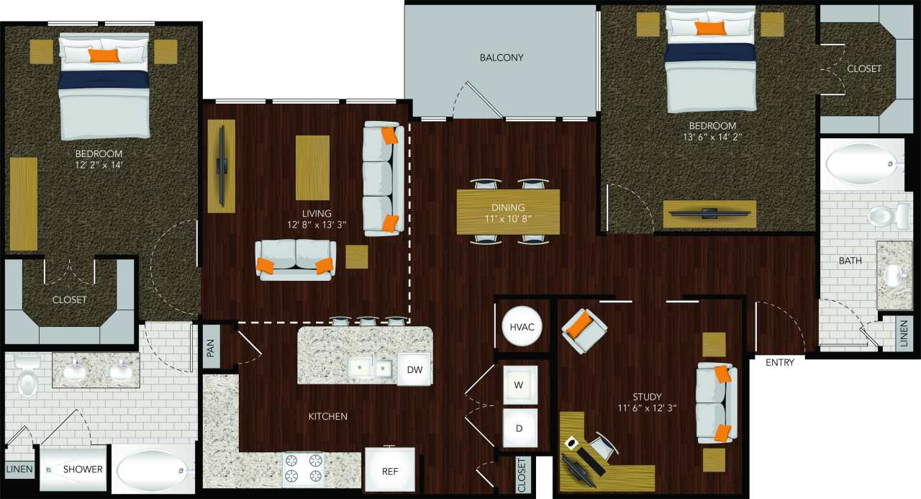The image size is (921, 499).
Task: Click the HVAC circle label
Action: tap(521, 326)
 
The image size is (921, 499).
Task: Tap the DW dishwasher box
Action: tap(414, 369)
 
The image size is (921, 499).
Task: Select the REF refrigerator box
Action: tap(389, 470)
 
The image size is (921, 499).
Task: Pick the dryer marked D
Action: tap(520, 427)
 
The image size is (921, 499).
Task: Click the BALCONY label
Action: tap(502, 58)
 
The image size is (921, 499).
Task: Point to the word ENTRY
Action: tap(780, 362)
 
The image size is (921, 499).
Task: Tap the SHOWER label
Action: tap(83, 469)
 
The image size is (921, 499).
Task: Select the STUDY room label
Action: tap(648, 397)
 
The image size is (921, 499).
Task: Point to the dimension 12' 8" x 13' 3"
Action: tap(317, 225)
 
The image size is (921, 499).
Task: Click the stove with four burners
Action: tap(304, 469)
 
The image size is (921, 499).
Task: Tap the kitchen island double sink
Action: tap(371, 369)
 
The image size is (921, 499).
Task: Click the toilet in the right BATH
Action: tap(881, 215)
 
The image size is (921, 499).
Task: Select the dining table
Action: tap(508, 212)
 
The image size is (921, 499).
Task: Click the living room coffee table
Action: tap(312, 167)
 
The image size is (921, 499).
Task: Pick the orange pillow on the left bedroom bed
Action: tap(104, 55)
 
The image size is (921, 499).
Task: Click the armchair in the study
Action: tap(584, 329)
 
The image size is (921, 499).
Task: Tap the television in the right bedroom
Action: tap(709, 213)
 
